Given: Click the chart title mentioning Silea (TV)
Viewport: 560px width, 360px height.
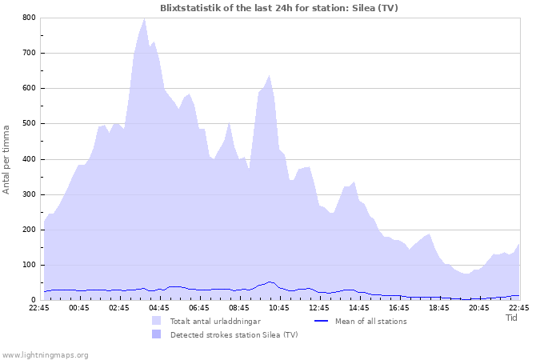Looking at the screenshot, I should click(x=279, y=8).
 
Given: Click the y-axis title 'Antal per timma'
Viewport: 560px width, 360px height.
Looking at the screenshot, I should click(x=6, y=158).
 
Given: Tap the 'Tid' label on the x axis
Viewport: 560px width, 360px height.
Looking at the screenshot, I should click(x=512, y=318).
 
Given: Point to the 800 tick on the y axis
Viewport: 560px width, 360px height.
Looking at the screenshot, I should click(x=28, y=18).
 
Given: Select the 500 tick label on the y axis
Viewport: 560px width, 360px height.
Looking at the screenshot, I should click(x=28, y=123).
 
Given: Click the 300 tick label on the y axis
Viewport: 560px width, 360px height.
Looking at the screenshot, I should click(x=28, y=194).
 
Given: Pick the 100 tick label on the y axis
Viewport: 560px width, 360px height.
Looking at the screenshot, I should click(x=28, y=265).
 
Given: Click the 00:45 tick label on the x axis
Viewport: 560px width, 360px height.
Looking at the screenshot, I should click(x=79, y=307).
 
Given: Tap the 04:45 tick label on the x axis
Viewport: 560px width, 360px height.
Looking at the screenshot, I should click(x=159, y=307).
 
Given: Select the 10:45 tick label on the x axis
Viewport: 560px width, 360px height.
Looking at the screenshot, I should click(x=279, y=307).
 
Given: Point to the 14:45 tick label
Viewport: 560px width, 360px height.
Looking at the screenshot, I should click(x=359, y=307).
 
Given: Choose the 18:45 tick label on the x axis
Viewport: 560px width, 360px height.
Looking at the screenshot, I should click(x=439, y=307).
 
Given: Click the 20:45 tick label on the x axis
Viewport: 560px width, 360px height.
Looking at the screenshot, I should click(x=479, y=307).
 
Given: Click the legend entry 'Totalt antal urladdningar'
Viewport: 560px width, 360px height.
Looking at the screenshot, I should click(x=215, y=322).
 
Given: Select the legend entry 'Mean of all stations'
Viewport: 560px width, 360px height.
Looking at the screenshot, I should click(x=371, y=322).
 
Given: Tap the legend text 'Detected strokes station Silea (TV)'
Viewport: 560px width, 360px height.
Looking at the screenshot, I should click(x=234, y=334).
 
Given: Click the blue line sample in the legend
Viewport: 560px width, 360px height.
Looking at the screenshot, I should click(x=320, y=322).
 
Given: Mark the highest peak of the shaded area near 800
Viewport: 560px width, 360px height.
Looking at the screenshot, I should click(x=144, y=19).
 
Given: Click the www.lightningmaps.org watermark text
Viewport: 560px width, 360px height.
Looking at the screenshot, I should click(x=45, y=354).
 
